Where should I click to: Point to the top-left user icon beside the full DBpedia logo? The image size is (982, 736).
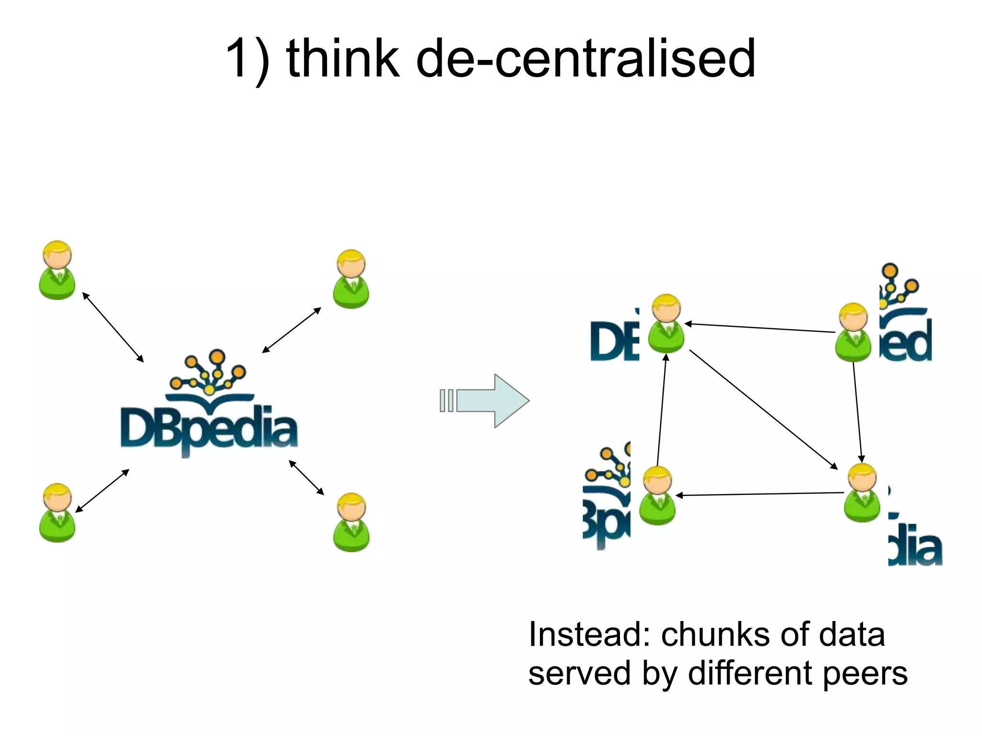57,271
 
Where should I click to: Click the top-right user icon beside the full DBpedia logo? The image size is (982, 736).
351,279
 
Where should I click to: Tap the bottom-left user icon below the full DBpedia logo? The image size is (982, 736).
57,513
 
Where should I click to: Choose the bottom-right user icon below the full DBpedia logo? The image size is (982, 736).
351,522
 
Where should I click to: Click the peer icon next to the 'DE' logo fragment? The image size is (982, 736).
666,324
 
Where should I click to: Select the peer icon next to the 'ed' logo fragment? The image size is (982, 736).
853,333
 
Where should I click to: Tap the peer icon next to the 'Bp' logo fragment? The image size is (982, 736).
657,496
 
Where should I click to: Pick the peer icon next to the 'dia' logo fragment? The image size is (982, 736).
862,493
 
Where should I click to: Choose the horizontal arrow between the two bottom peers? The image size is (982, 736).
760,494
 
